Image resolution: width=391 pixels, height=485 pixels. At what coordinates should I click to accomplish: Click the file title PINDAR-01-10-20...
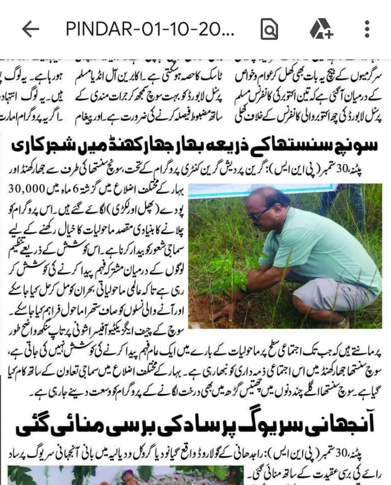[x=150, y=29]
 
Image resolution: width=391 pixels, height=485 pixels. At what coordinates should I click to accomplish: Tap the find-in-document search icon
[x=269, y=30]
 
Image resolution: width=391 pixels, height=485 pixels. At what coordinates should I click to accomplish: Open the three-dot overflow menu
[x=366, y=29]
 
